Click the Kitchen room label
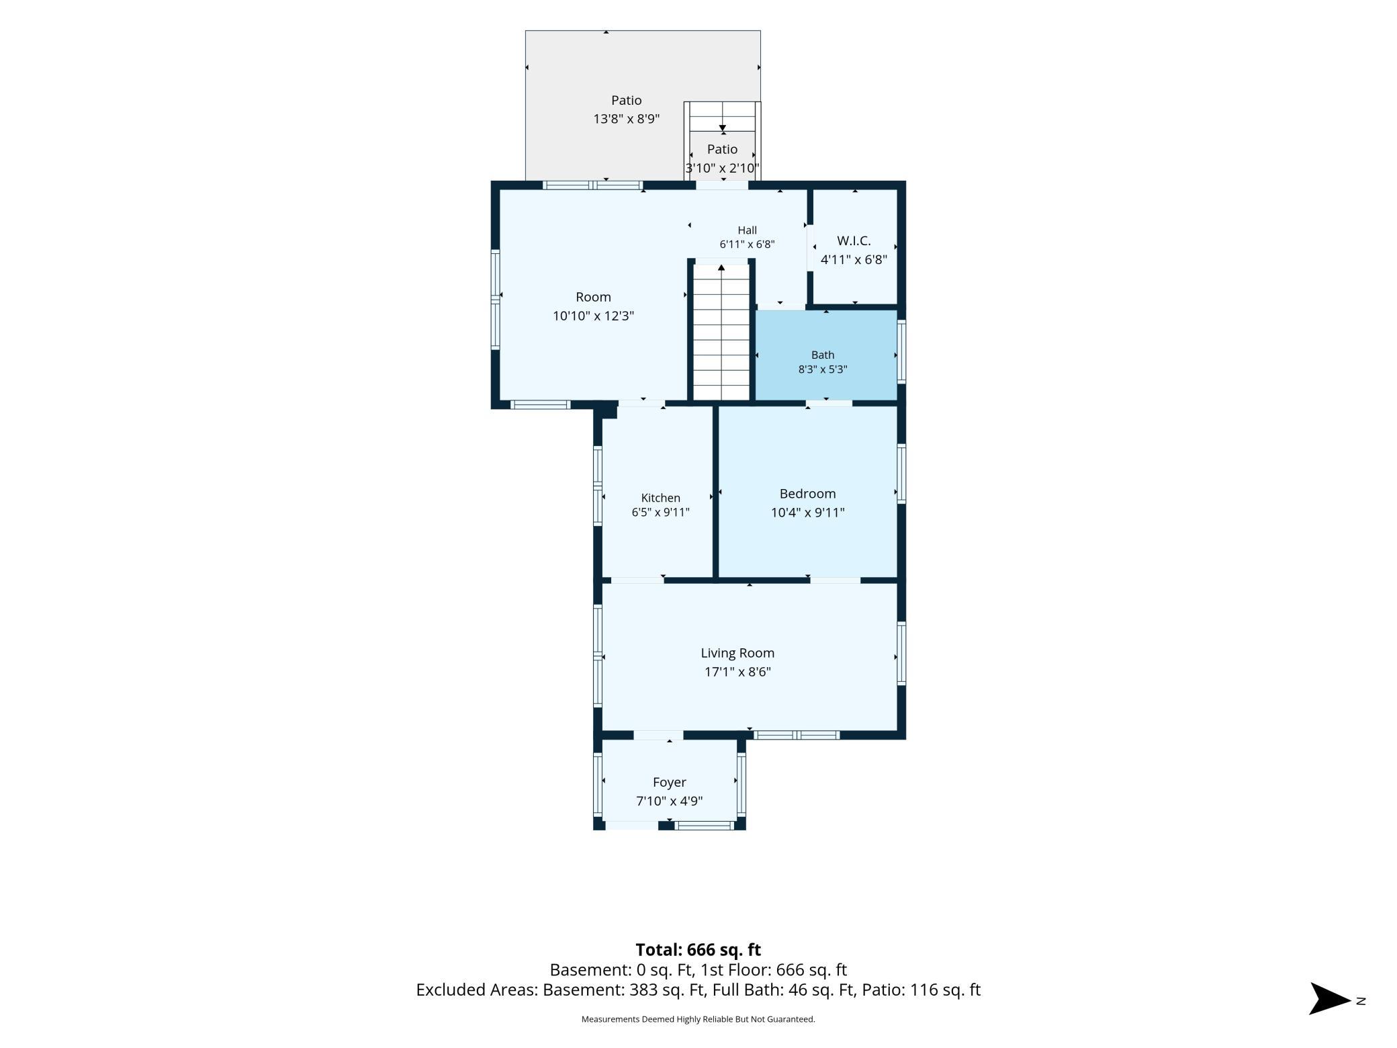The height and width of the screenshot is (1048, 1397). point(660,498)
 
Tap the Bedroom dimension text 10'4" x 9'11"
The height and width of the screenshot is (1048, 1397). point(807,513)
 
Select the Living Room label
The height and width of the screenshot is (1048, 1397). point(737,653)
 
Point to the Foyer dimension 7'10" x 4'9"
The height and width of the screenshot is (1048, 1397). point(669,801)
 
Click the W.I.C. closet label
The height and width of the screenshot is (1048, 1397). point(854,241)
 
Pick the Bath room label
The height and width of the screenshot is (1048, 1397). point(823,355)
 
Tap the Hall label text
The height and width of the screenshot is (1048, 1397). point(747,230)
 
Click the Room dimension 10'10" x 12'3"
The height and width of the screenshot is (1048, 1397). point(593,316)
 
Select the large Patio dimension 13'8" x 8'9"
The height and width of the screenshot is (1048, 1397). point(626,119)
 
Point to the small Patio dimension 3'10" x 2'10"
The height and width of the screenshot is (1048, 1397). point(722,168)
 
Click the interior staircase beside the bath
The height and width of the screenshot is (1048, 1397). point(721,332)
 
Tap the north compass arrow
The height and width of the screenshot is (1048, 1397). point(1330,999)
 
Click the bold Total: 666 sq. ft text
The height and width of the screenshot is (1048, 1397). point(698,950)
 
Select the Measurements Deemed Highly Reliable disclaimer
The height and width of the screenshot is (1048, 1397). point(698,1019)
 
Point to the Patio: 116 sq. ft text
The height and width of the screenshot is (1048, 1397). point(921,990)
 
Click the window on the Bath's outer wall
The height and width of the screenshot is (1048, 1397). point(902,352)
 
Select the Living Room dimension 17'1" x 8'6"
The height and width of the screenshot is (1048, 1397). point(737,672)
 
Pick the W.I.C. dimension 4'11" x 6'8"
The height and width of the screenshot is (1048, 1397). point(854,259)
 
